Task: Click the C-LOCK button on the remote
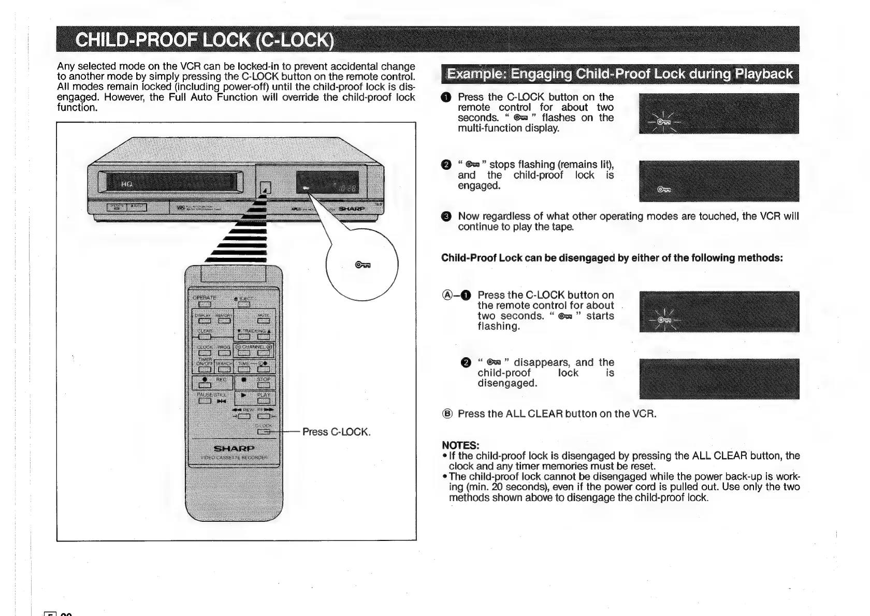click(x=263, y=431)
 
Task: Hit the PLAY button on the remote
click(x=264, y=401)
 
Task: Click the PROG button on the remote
click(x=224, y=354)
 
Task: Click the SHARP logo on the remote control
click(x=234, y=448)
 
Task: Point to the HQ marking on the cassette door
click(x=127, y=184)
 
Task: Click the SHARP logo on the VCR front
click(x=352, y=209)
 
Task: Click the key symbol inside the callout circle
click(x=362, y=266)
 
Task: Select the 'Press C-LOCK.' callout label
click(x=337, y=432)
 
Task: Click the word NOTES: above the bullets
click(x=460, y=445)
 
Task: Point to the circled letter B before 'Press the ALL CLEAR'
click(x=447, y=414)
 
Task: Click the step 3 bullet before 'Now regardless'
click(x=447, y=216)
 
